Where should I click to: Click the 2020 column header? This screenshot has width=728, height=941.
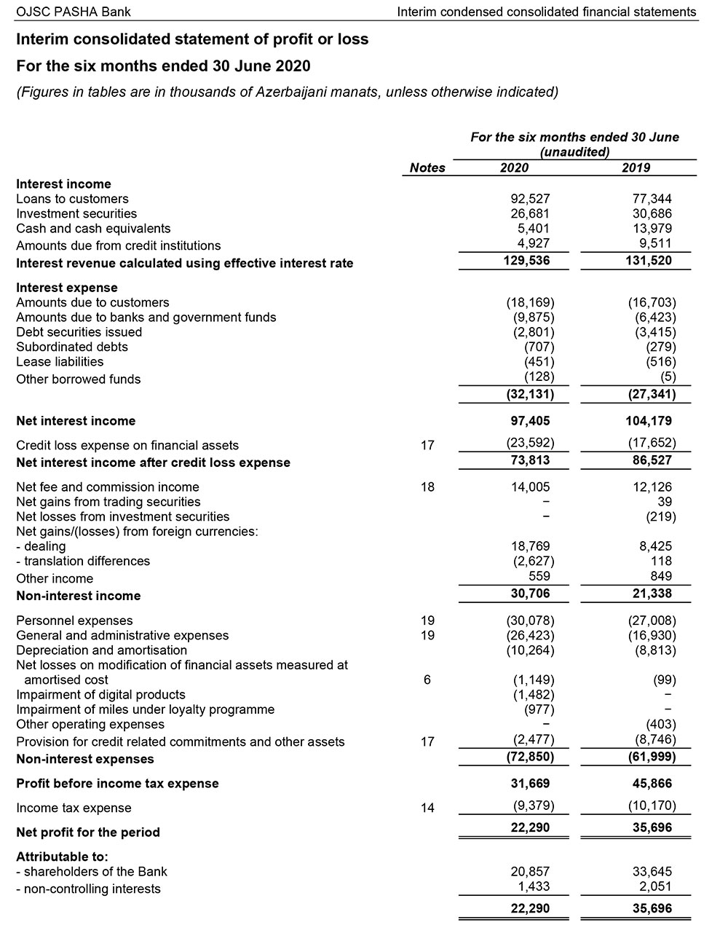[514, 168]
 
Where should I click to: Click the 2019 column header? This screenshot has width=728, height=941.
[636, 168]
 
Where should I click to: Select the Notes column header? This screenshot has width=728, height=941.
[427, 168]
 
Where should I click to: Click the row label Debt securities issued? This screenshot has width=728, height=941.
[79, 332]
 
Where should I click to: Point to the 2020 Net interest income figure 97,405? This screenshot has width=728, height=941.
[529, 421]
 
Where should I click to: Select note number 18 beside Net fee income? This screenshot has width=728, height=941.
[427, 487]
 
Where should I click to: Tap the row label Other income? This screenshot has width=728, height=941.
[55, 579]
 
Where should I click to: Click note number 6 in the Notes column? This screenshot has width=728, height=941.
[427, 680]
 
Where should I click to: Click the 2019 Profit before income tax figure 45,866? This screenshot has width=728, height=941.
[652, 784]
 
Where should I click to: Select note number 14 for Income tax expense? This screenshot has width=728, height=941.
[427, 808]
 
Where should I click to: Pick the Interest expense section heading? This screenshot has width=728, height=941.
[67, 288]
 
